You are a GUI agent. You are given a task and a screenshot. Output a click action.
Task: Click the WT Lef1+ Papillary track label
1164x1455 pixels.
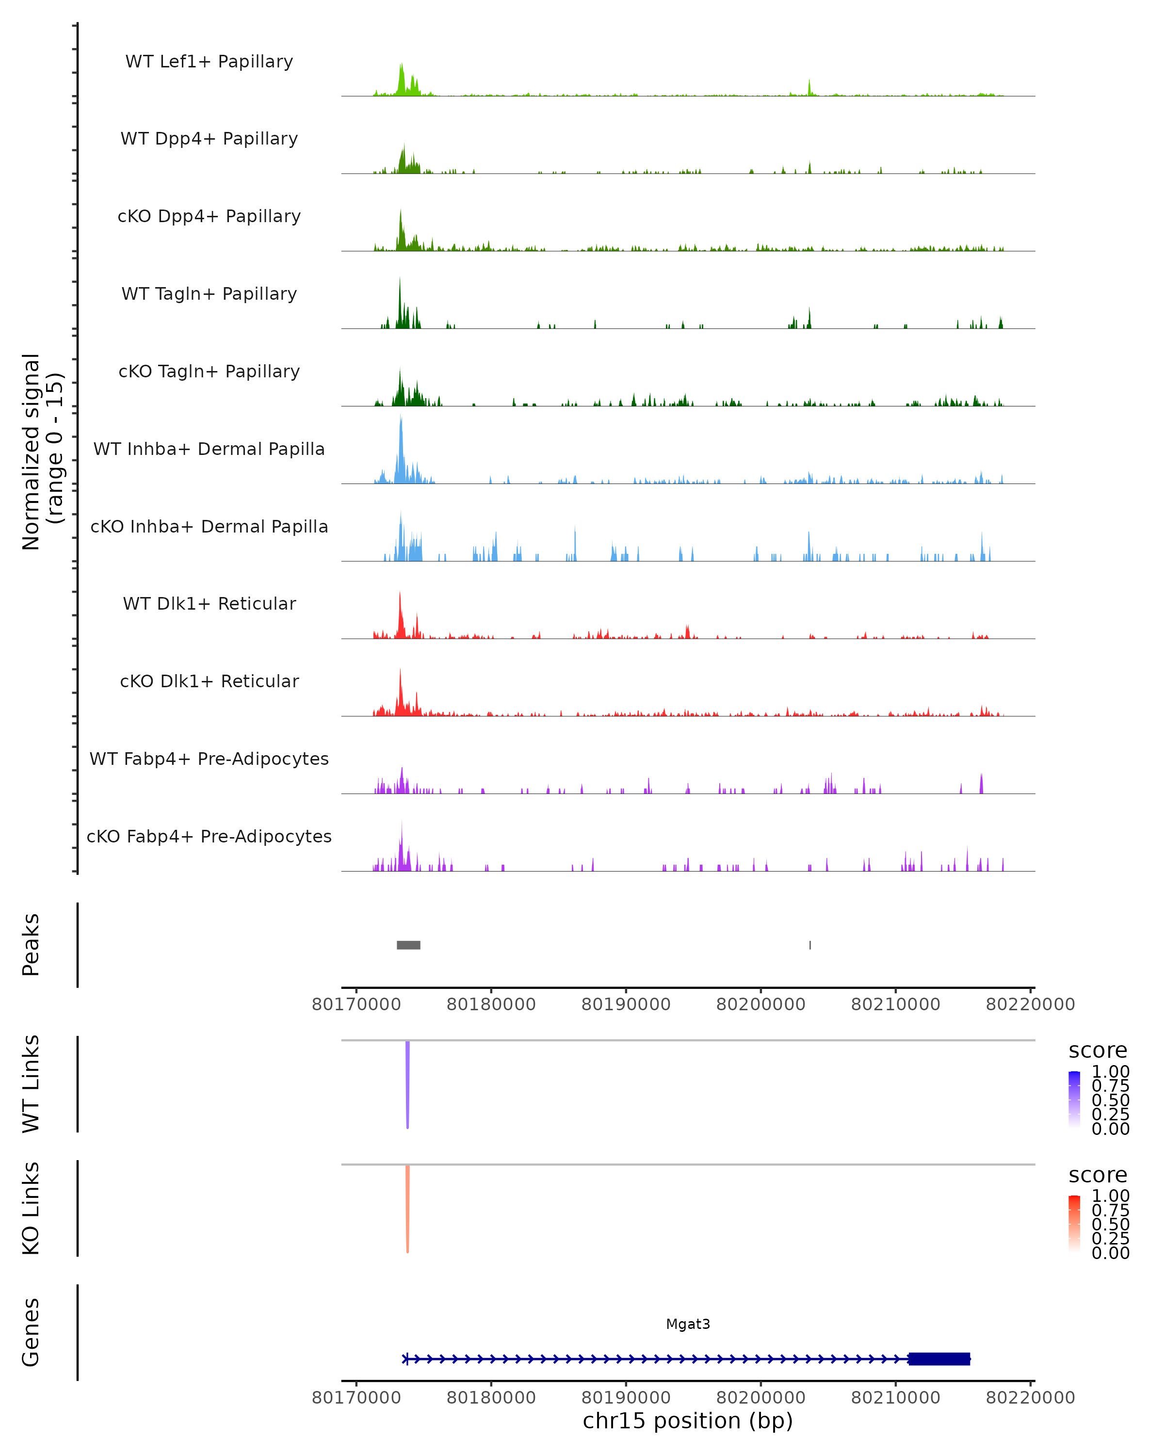click(x=209, y=62)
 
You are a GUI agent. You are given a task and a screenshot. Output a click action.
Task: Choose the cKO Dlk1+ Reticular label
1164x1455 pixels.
click(x=209, y=681)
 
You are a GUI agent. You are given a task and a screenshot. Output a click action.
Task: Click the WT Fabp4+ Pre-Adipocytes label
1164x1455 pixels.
click(x=209, y=759)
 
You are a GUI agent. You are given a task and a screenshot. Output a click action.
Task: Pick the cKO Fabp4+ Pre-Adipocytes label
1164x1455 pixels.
click(x=209, y=836)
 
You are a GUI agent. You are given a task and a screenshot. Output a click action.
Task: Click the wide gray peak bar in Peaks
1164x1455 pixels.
click(x=408, y=945)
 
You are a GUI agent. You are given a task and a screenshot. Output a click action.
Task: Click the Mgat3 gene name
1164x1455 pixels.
click(x=688, y=1324)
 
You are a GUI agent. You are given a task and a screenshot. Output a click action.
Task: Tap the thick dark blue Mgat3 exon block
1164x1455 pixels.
click(x=938, y=1358)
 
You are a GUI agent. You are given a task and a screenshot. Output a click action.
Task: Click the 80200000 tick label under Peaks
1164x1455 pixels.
click(x=760, y=1004)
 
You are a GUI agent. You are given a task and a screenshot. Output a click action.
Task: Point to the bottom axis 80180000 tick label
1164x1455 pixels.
click(x=491, y=1398)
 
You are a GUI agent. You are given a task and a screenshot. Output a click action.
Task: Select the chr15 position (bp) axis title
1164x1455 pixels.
click(x=688, y=1421)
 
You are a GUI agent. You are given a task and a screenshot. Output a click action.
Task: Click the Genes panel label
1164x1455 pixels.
click(x=31, y=1333)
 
